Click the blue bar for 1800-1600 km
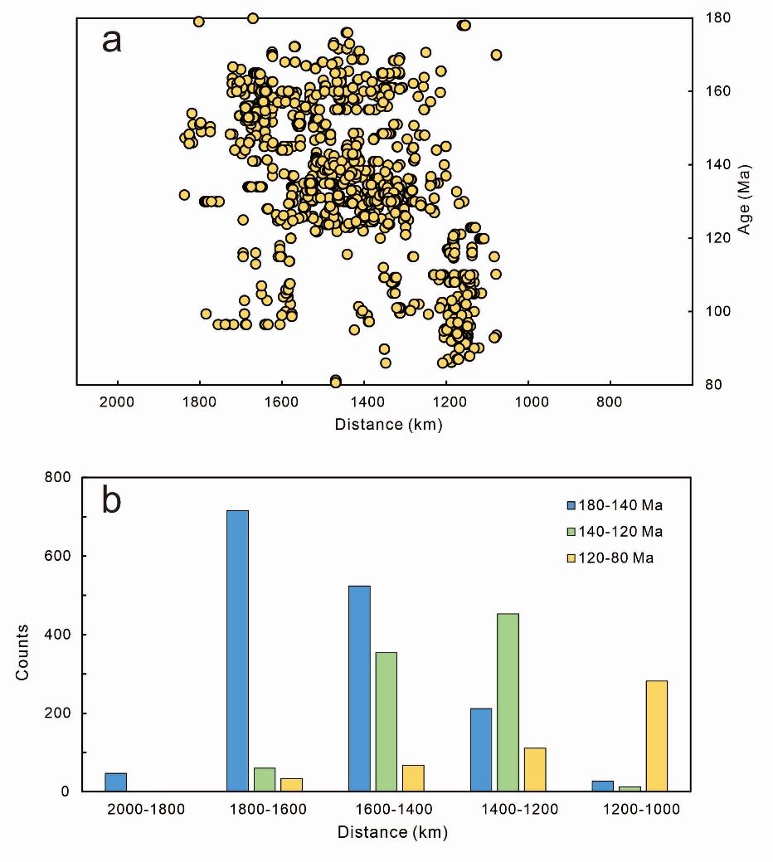(x=237, y=650)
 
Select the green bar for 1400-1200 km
(x=508, y=702)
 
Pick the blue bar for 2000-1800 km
(x=115, y=782)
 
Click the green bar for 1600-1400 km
(x=386, y=722)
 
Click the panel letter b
(x=111, y=501)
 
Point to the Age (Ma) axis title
(x=745, y=199)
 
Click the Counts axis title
(x=22, y=652)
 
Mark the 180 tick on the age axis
(x=717, y=17)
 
